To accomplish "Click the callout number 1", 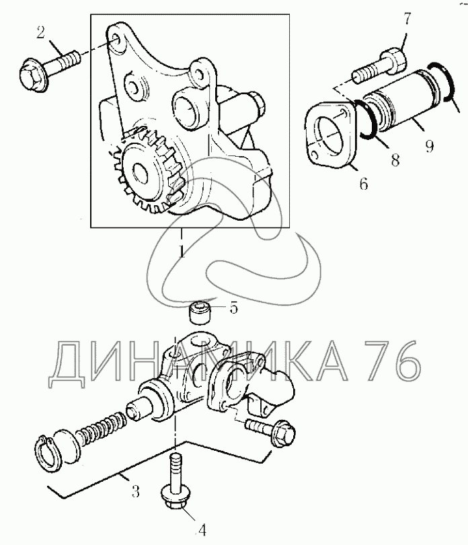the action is (181, 252).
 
